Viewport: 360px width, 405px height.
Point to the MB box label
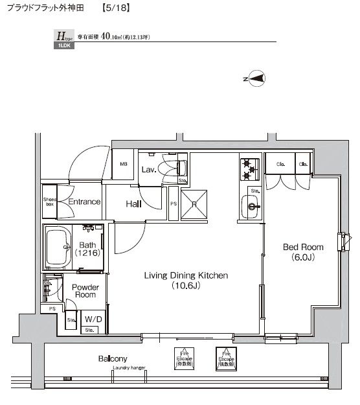(123, 165)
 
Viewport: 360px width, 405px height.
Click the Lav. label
(149, 170)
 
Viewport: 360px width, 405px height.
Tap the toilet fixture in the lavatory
(178, 168)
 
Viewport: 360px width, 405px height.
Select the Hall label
(134, 203)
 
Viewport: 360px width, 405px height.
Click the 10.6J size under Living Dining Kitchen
(185, 286)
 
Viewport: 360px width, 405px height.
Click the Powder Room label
(84, 290)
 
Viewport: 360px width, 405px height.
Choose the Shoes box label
(49, 202)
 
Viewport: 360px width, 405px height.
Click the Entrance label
(84, 202)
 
